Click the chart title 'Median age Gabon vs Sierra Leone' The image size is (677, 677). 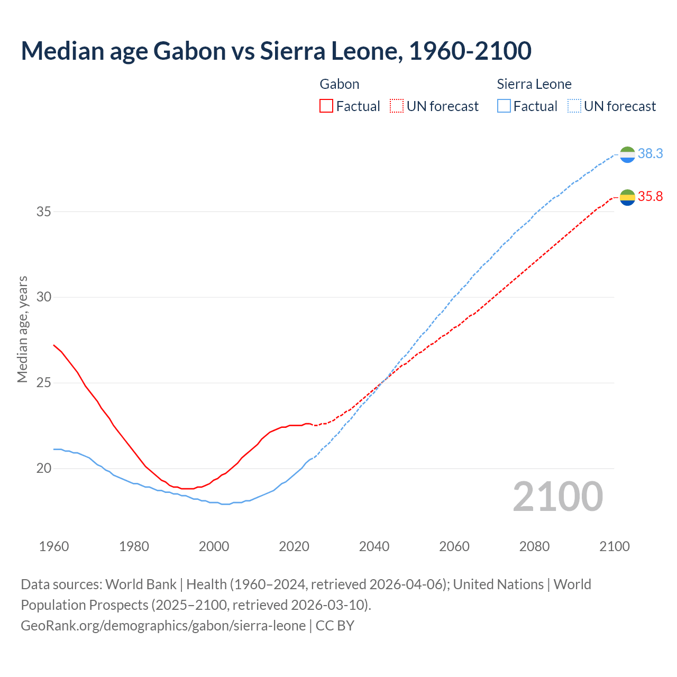click(276, 51)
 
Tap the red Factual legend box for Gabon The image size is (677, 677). click(326, 106)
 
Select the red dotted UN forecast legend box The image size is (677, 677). click(397, 106)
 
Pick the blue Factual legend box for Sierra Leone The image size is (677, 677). click(504, 106)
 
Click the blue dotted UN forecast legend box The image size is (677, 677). click(574, 106)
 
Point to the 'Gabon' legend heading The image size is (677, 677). click(340, 84)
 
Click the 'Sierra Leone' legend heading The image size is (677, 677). click(534, 84)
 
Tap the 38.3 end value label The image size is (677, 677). click(650, 154)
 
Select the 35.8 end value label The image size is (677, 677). click(650, 197)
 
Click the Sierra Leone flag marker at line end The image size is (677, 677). click(627, 154)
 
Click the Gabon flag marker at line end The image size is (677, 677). click(627, 197)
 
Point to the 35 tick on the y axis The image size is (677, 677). click(44, 212)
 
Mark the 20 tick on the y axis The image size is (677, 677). click(44, 468)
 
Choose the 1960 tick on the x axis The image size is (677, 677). click(54, 546)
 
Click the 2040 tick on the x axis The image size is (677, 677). click(374, 546)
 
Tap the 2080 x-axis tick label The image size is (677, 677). click(534, 546)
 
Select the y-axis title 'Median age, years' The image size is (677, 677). click(22, 329)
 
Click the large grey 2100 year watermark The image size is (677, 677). click(558, 497)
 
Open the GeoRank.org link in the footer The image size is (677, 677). click(163, 626)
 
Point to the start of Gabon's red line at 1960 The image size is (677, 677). click(54, 345)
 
